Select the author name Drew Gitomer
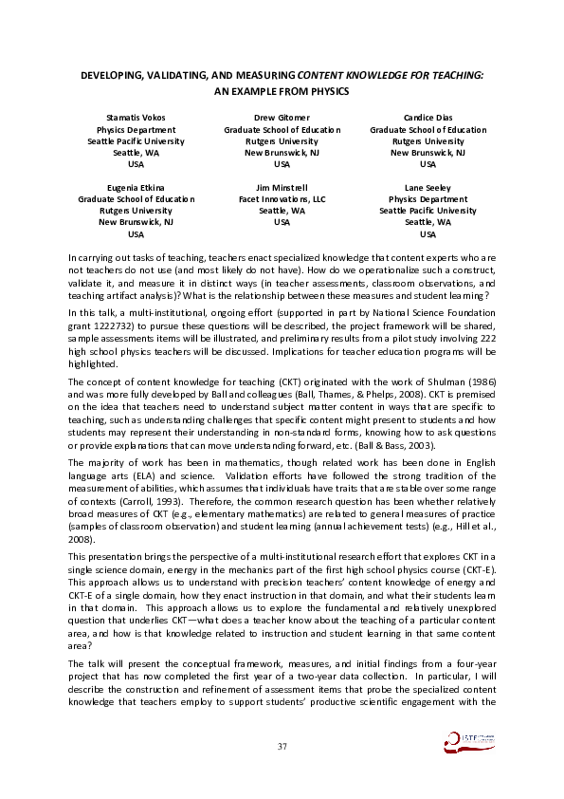click(282, 118)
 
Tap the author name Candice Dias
click(428, 118)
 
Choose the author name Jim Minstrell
click(282, 188)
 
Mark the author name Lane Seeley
click(428, 188)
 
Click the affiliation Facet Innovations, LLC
click(282, 199)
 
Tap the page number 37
click(282, 747)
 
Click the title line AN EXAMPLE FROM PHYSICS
click(282, 91)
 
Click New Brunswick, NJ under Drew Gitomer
click(282, 152)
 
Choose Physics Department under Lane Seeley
click(428, 199)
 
